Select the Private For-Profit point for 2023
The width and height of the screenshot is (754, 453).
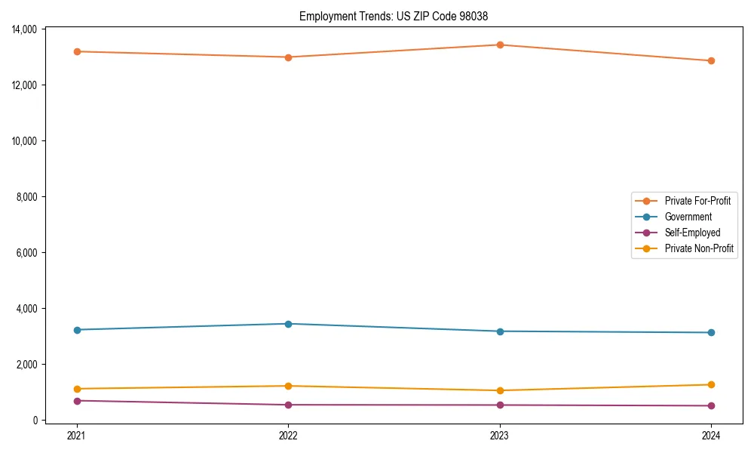point(500,45)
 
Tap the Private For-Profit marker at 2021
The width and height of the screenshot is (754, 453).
point(77,51)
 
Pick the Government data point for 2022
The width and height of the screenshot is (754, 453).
point(288,324)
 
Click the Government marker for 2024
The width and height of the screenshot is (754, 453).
point(711,332)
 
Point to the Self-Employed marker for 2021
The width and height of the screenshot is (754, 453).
point(77,401)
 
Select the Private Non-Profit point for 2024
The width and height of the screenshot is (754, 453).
point(711,385)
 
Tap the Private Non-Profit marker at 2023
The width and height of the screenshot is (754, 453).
point(500,390)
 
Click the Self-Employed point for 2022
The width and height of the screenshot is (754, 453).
point(288,405)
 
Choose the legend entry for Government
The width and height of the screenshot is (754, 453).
point(688,217)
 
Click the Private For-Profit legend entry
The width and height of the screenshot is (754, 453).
point(697,201)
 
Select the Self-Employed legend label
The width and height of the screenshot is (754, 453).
point(692,233)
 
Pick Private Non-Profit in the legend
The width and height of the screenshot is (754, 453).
point(699,248)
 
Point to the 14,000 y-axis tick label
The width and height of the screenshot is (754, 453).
point(26,29)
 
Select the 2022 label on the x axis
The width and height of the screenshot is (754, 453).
point(288,435)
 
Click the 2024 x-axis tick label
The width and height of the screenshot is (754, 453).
point(711,435)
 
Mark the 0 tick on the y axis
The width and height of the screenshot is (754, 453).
point(36,421)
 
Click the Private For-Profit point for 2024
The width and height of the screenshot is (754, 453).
point(711,60)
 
